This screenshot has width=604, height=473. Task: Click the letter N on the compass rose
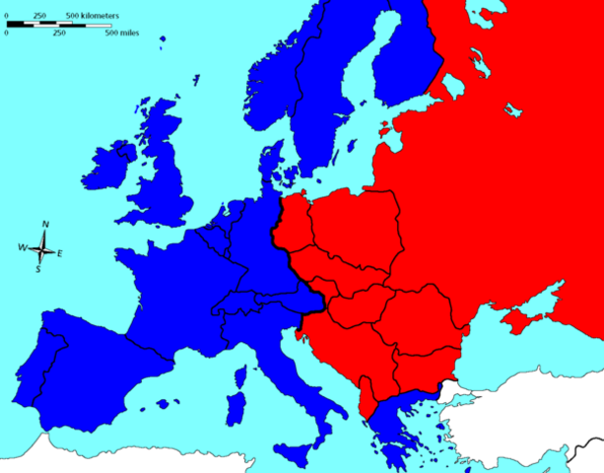tap(45, 225)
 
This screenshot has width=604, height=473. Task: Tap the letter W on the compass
tap(23, 247)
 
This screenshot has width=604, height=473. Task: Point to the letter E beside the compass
tap(60, 254)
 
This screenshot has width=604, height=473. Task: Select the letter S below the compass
tap(38, 268)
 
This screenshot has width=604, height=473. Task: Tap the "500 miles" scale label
tap(122, 33)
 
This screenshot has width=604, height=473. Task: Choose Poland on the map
tap(355, 232)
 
